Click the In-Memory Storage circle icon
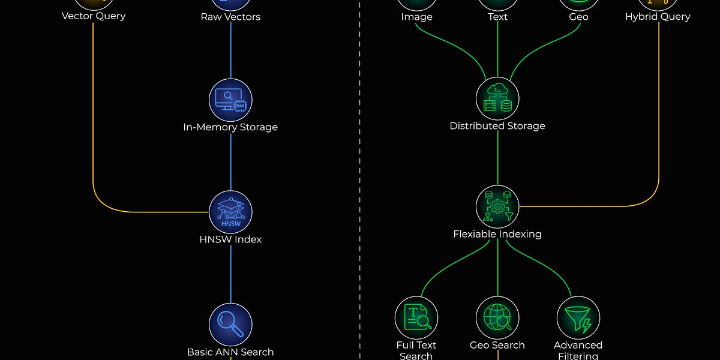click(x=230, y=100)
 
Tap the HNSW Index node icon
click(x=230, y=212)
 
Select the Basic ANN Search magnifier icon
click(x=230, y=325)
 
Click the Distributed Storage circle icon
click(x=497, y=98)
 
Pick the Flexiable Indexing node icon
click(x=497, y=206)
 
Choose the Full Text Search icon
click(x=416, y=317)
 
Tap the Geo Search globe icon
click(x=497, y=317)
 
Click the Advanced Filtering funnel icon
click(x=578, y=317)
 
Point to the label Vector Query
click(x=94, y=16)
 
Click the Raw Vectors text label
click(x=230, y=17)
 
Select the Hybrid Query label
click(x=658, y=16)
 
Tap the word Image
click(x=416, y=17)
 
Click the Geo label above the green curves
click(x=578, y=17)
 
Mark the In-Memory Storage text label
click(x=230, y=127)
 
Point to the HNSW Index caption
click(x=230, y=239)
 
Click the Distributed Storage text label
click(x=497, y=126)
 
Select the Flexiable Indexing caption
click(x=497, y=234)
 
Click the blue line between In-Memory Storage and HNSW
click(x=231, y=162)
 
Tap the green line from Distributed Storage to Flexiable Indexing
click(x=497, y=158)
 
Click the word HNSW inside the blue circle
click(x=231, y=224)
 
